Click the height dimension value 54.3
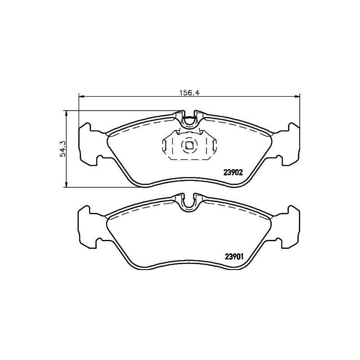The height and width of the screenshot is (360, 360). [63, 148]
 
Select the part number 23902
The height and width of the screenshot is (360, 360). [234, 172]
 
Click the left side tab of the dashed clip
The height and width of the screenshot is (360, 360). [164, 145]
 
